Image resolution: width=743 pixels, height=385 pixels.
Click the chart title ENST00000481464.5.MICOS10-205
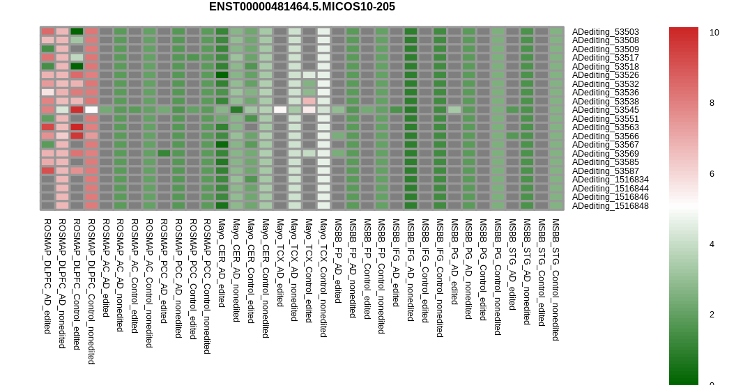(x=302, y=7)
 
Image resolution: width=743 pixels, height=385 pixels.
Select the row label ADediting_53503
(x=605, y=32)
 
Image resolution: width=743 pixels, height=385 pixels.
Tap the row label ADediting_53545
(x=605, y=110)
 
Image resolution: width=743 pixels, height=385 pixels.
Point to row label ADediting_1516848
(x=611, y=206)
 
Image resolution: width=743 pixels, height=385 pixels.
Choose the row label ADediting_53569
(x=605, y=153)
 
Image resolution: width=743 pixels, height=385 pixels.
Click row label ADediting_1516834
(x=611, y=180)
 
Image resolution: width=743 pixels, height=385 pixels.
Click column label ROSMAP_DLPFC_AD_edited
(x=47, y=276)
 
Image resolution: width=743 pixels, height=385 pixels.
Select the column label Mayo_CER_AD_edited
(x=221, y=263)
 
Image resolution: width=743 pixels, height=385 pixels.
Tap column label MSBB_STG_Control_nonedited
(x=556, y=279)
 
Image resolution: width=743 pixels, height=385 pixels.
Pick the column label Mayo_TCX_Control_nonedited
(x=323, y=278)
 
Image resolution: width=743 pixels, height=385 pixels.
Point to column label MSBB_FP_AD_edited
(x=338, y=261)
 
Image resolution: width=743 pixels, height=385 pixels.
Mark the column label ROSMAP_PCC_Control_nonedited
(x=207, y=286)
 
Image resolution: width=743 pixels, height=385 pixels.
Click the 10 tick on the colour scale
(x=714, y=33)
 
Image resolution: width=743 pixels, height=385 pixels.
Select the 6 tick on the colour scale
(x=712, y=174)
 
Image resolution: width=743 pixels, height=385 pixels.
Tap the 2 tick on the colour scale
(x=712, y=315)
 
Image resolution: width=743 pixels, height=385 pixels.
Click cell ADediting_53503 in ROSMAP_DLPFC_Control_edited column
(x=77, y=32)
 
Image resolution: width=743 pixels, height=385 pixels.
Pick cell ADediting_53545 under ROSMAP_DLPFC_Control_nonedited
(x=91, y=110)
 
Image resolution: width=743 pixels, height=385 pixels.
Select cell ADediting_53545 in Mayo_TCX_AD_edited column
(x=280, y=110)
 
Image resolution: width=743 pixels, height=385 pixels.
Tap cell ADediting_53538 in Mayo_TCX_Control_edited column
(x=309, y=102)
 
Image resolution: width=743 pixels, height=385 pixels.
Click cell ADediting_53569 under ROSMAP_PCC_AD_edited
(x=164, y=153)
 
